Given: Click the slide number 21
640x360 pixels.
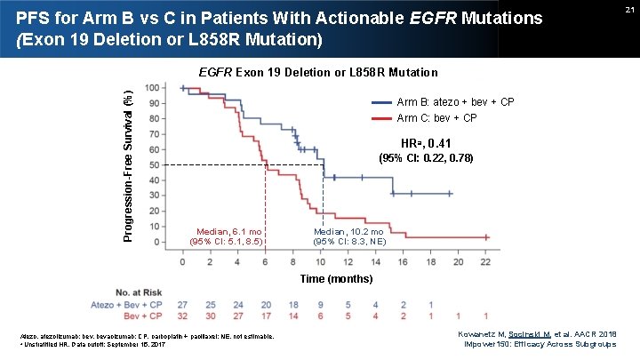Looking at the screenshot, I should [x=628, y=9].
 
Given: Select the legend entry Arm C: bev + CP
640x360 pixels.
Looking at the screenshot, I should [x=436, y=118].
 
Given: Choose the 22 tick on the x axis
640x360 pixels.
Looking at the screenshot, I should [x=485, y=262].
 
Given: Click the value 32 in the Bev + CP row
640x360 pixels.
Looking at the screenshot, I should [x=184, y=316].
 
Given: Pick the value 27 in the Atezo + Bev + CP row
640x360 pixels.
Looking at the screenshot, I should [x=184, y=303].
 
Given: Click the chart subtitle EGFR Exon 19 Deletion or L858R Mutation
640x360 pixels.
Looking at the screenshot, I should [x=317, y=71].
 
